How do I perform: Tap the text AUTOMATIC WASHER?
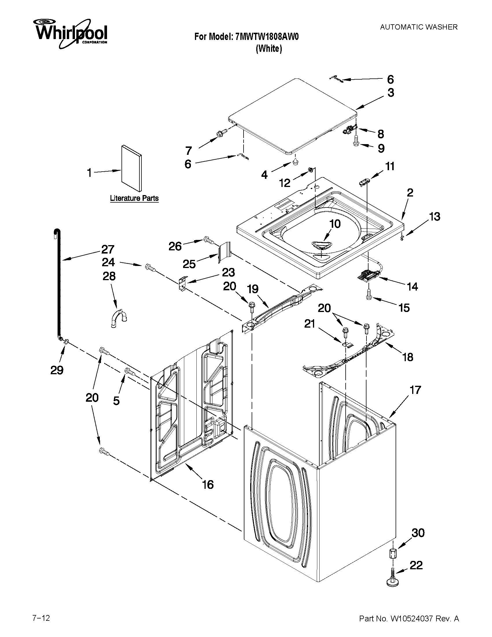pos(419,27)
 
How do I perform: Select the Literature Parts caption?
pos(134,198)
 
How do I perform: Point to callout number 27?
pos(108,249)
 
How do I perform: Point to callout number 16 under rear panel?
pos(208,484)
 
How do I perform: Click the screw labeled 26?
pos(209,240)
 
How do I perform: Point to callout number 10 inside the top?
pos(335,224)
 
